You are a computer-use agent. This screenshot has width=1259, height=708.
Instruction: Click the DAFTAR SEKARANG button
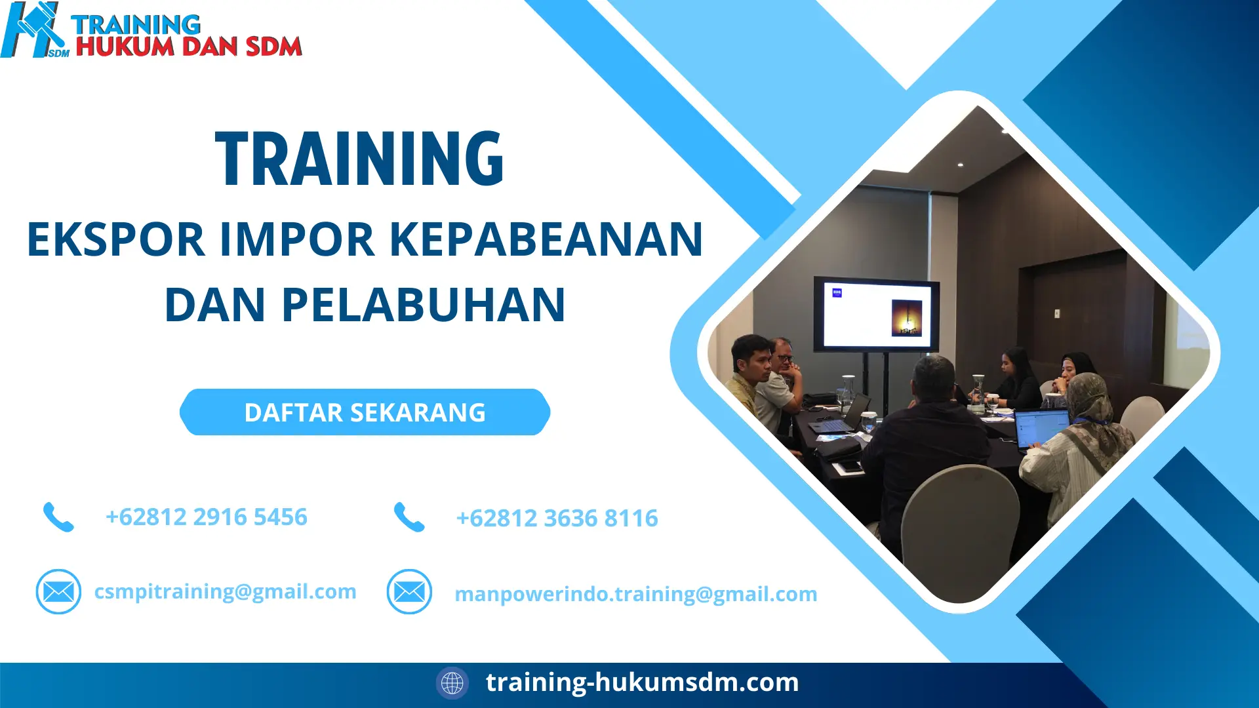pyautogui.click(x=365, y=412)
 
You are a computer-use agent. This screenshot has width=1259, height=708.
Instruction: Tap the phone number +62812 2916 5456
pyautogui.click(x=206, y=517)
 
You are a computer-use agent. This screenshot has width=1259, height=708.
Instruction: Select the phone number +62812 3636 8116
pyautogui.click(x=557, y=519)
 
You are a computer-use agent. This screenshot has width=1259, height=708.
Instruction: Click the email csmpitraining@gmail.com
pyautogui.click(x=225, y=591)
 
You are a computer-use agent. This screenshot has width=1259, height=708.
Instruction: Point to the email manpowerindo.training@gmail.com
pyautogui.click(x=635, y=594)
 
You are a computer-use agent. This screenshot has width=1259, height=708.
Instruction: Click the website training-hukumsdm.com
pyautogui.click(x=642, y=682)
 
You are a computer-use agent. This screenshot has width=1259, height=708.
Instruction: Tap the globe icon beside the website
pyautogui.click(x=452, y=683)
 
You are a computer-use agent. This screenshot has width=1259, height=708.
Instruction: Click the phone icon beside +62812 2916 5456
pyautogui.click(x=58, y=517)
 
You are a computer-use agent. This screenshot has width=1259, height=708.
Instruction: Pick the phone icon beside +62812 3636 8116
pyautogui.click(x=409, y=517)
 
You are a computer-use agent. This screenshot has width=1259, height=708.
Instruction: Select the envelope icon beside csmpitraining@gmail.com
pyautogui.click(x=58, y=592)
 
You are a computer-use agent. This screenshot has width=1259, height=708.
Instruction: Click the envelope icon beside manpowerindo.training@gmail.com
pyautogui.click(x=409, y=592)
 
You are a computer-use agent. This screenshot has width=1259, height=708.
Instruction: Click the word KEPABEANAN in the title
pyautogui.click(x=546, y=239)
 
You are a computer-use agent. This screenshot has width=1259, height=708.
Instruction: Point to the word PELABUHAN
pyautogui.click(x=423, y=305)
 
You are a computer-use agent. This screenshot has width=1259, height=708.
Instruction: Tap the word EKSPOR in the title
pyautogui.click(x=115, y=239)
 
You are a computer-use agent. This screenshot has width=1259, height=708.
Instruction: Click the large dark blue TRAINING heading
pyautogui.click(x=359, y=159)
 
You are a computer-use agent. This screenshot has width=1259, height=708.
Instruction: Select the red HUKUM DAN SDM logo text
pyautogui.click(x=189, y=47)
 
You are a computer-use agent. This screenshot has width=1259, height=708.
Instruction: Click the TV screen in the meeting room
pyautogui.click(x=876, y=314)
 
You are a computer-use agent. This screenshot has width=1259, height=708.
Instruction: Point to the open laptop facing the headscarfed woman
pyautogui.click(x=1041, y=428)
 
